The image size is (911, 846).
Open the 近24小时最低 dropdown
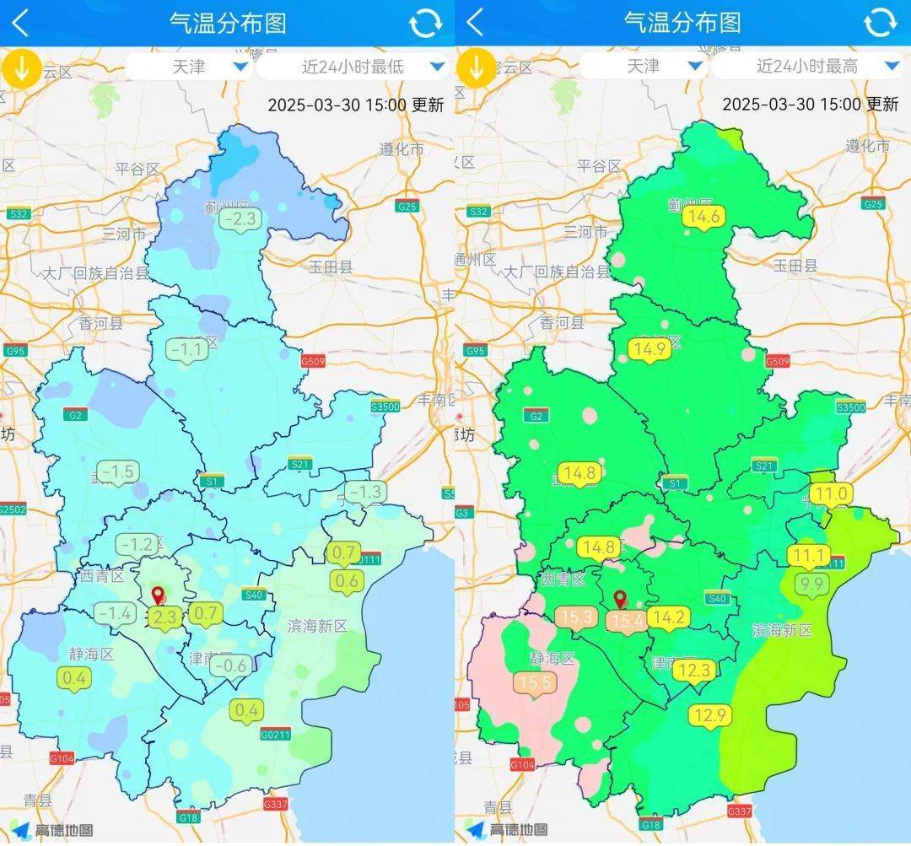(353, 66)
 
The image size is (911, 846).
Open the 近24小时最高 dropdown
(807, 66)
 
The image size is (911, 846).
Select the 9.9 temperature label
(812, 584)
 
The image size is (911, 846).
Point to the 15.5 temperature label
(536, 681)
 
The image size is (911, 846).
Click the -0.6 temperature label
(230, 665)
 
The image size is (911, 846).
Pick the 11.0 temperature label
(831, 493)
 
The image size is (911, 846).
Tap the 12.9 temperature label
(710, 715)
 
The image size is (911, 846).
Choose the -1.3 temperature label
(365, 491)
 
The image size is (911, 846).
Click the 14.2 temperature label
(668, 617)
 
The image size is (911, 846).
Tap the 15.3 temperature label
(576, 617)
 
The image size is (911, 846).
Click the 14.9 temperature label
(650, 348)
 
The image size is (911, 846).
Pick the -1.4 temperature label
(115, 613)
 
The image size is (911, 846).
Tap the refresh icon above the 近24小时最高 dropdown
(880, 23)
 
